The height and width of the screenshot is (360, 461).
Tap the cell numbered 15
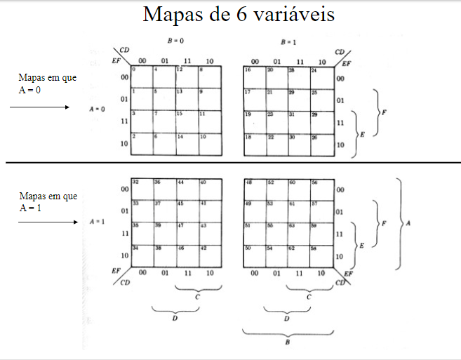click(x=187, y=122)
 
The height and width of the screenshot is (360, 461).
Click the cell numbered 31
click(x=298, y=122)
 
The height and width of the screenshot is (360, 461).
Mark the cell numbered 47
click(x=187, y=234)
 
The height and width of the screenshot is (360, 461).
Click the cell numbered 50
click(x=254, y=256)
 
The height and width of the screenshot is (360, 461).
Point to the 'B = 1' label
click(x=288, y=41)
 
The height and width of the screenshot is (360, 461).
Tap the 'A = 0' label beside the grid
click(x=98, y=109)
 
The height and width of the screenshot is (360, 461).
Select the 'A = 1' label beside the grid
click(x=98, y=222)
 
